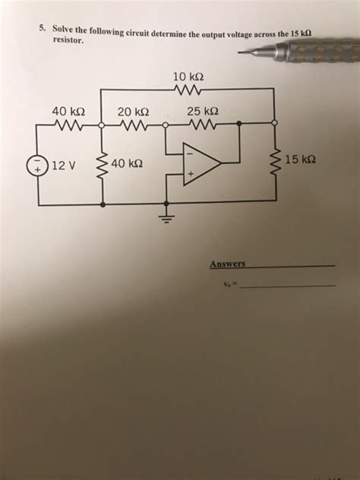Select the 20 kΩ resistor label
click(133, 112)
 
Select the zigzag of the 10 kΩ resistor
click(187, 90)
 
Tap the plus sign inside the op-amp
click(191, 174)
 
